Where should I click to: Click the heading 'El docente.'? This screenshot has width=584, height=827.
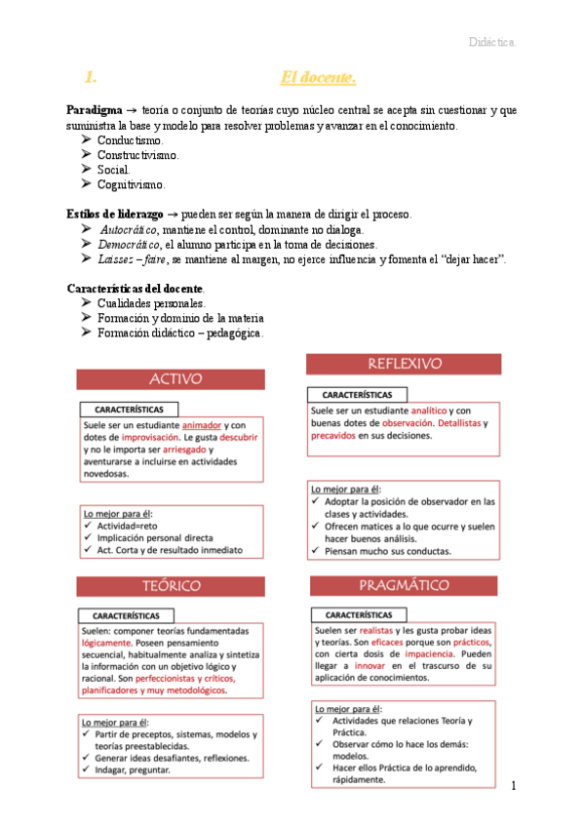coord(318,77)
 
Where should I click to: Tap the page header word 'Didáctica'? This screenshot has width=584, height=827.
coord(492,44)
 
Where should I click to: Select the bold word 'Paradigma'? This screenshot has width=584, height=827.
coord(95,111)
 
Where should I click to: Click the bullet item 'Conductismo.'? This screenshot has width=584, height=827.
coord(131,140)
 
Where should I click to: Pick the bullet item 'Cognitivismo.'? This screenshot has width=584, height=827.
coord(132,184)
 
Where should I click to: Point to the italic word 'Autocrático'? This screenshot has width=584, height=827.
coord(131,229)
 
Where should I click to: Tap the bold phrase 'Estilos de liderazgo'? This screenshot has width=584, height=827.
coord(112,214)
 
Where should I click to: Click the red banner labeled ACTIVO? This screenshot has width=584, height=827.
coord(171,378)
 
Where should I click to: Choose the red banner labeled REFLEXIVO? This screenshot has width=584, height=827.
coord(405,363)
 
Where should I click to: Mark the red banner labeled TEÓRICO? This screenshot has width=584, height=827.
coord(171,585)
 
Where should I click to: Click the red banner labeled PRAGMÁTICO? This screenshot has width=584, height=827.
coord(405,585)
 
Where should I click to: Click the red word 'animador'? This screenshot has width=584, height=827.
coord(202,426)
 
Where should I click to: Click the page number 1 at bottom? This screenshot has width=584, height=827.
coord(513,785)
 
